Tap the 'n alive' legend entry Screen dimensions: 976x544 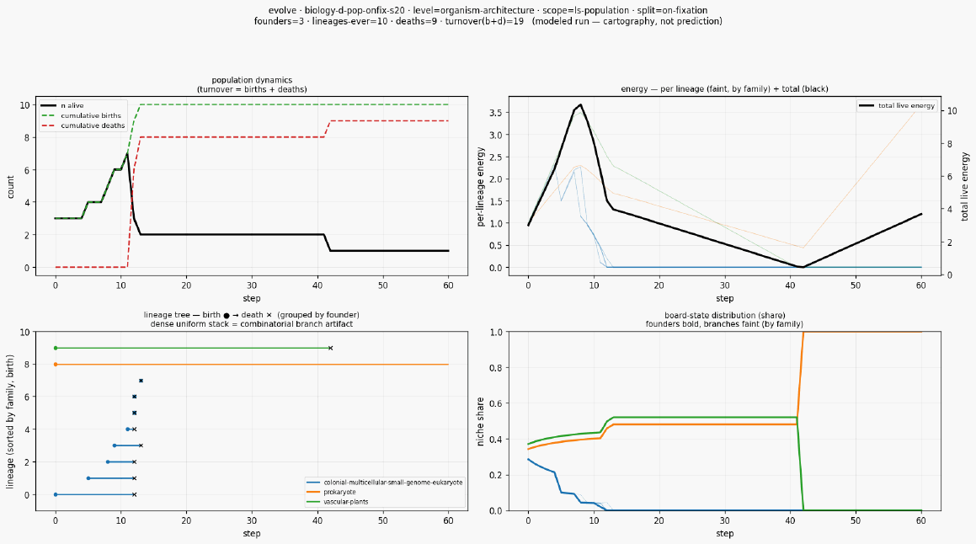[x=62, y=106]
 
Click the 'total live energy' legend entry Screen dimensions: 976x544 [x=897, y=106]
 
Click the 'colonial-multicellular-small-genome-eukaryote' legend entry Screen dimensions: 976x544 [x=385, y=483]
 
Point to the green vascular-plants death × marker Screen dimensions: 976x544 [x=330, y=348]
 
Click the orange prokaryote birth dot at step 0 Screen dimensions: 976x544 [x=56, y=364]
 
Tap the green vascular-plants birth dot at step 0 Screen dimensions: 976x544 [x=56, y=348]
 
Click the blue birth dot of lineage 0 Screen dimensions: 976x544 [x=56, y=495]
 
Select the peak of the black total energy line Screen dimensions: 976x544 [x=581, y=104]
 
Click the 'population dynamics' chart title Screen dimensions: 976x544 [x=252, y=80]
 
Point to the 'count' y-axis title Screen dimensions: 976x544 [x=11, y=187]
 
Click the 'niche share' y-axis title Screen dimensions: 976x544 [x=480, y=421]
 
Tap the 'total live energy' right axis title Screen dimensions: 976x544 [x=965, y=187]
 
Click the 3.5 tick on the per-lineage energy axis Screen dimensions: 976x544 [x=495, y=113]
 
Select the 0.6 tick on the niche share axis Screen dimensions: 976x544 [x=495, y=403]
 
